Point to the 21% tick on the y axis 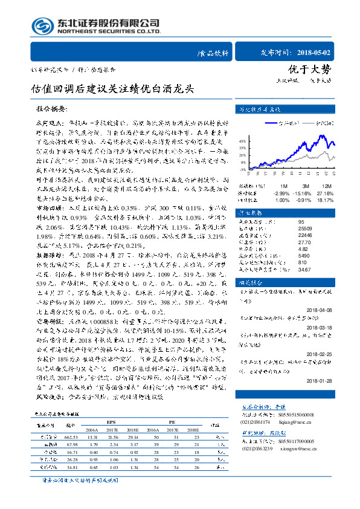pyautogui.click(x=242, y=155)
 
